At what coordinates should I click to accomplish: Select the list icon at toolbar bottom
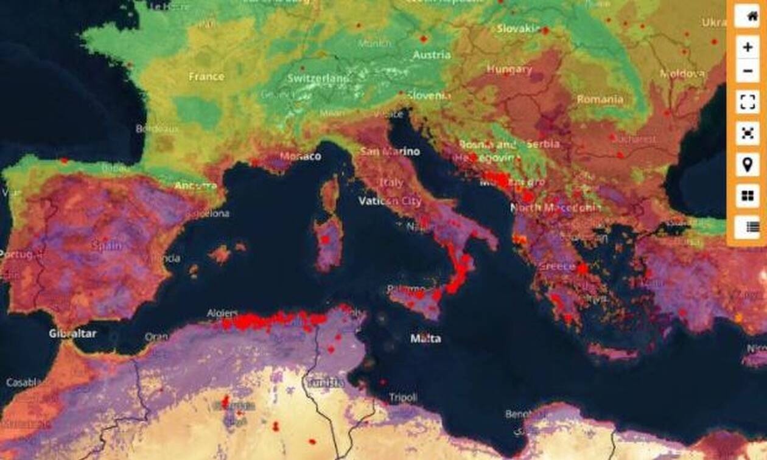747,227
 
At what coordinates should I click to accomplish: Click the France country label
206,77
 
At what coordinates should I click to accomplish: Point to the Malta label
426,338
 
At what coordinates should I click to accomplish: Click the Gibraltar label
72,333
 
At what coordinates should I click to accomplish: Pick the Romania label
600,99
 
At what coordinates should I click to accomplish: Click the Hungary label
510,70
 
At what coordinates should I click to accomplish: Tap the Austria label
432,55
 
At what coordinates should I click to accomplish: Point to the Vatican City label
390,201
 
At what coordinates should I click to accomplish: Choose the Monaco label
300,156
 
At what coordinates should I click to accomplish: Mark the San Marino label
390,152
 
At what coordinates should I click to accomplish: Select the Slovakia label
519,29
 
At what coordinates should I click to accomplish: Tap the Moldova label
682,74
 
